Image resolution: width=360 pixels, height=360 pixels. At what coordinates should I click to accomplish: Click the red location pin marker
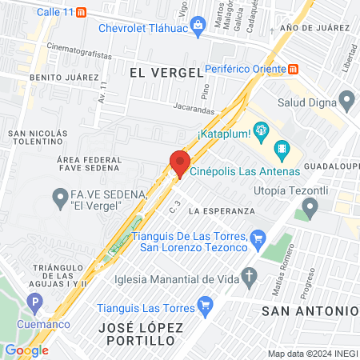tap(178, 162)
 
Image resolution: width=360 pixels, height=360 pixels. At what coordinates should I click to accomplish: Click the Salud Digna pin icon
tap(346, 102)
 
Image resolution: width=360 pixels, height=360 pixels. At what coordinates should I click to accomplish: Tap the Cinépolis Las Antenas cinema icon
tap(281, 149)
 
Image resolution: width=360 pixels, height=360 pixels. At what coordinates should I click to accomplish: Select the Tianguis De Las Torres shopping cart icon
tap(257, 238)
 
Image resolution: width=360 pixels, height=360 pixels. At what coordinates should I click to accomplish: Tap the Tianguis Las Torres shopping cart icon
tap(205, 304)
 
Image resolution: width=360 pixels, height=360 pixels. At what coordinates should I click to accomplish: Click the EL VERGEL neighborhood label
tap(165, 72)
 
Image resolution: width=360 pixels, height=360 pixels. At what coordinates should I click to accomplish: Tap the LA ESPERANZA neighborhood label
tap(222, 210)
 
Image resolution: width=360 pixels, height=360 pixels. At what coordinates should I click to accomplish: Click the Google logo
tap(26, 350)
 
